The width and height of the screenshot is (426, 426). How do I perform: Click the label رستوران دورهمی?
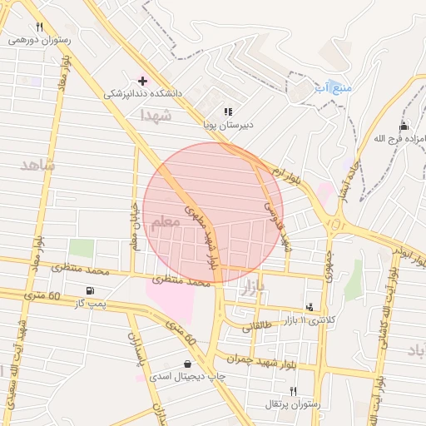pos(40,39)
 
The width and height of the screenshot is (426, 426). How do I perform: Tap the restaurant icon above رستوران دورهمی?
pos(39,27)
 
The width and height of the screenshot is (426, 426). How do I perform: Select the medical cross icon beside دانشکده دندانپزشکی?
pos(143,81)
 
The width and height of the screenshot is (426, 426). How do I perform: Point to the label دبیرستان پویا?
pos(228,125)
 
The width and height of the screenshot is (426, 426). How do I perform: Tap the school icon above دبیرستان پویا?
pos(228,111)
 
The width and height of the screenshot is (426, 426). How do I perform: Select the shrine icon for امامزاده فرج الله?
pos(404,125)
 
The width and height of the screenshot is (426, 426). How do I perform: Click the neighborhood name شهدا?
pos(156,115)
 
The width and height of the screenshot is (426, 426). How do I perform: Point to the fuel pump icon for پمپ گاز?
pos(89,290)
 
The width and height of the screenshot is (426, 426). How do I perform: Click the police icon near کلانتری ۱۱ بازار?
pos(310,307)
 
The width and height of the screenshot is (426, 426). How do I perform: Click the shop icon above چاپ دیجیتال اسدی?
pos(187,364)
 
